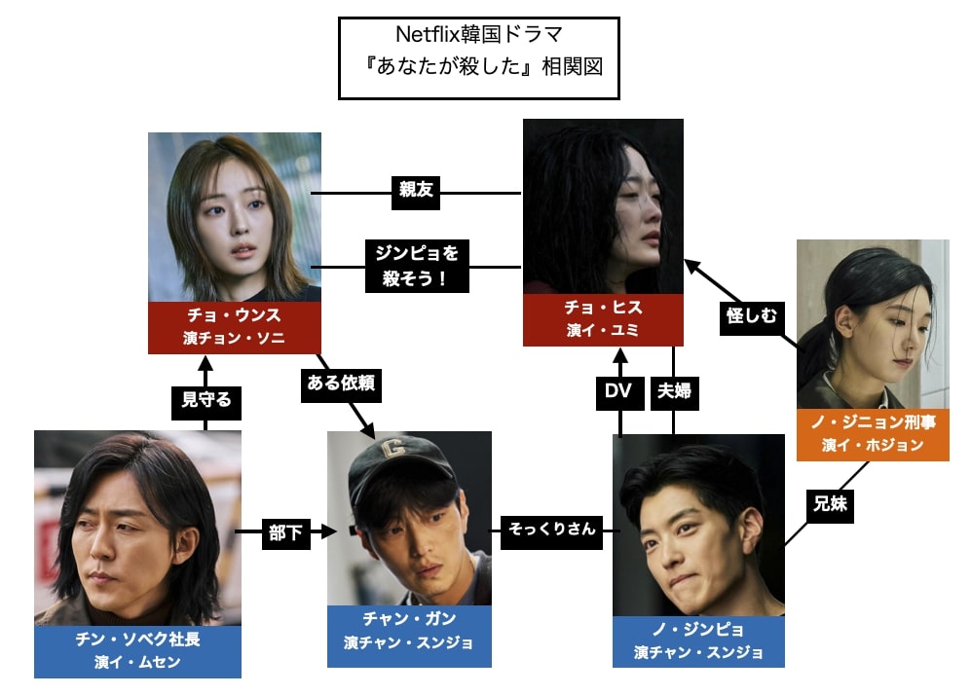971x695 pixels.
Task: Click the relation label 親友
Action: [x=416, y=192]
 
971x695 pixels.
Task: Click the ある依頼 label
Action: [x=338, y=384]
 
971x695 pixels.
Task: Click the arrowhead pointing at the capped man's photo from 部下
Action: [x=330, y=532]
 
